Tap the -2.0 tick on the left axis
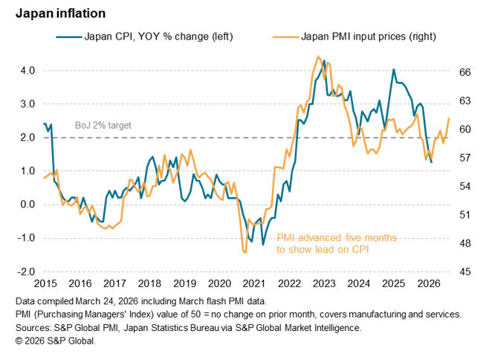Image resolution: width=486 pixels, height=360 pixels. pos(24,271)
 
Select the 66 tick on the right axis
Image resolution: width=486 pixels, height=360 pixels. pos(464,72)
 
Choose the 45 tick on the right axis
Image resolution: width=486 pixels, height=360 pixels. pos(464,271)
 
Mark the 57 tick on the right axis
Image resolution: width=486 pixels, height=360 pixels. pos(464,158)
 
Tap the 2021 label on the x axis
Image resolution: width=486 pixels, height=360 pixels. pos(254,283)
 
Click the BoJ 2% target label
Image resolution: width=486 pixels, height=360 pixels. pos(103,125)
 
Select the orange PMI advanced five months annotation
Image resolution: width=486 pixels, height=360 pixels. pos(337,243)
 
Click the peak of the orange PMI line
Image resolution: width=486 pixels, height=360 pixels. pos(318,57)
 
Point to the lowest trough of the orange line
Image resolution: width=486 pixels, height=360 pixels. pos(244,254)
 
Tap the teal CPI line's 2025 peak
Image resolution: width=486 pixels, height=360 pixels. pos(393,70)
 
